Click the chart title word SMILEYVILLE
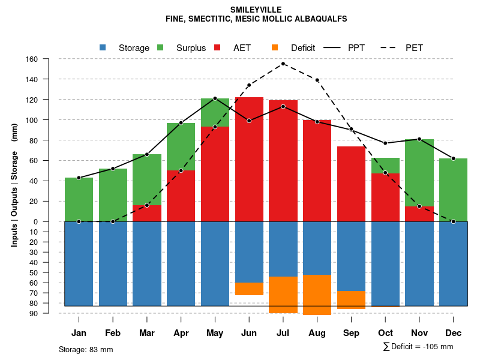click(256, 10)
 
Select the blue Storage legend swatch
click(103, 48)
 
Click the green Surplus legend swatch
click(160, 48)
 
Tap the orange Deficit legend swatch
click(275, 48)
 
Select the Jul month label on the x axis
click(283, 333)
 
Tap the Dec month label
click(453, 333)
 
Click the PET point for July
click(283, 64)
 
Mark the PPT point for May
click(215, 98)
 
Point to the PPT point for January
click(79, 178)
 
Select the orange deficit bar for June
click(249, 289)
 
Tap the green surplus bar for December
click(453, 190)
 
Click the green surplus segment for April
click(181, 146)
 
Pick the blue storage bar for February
click(113, 263)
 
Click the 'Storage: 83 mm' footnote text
click(86, 349)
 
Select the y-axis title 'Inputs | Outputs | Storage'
click(14, 184)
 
